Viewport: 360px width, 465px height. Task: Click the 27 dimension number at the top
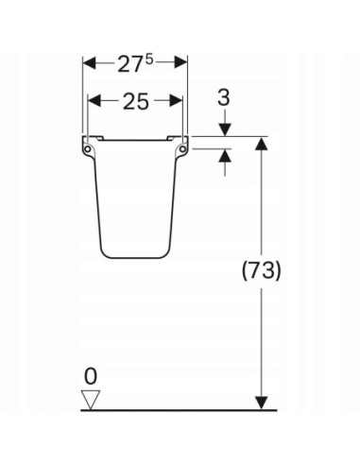click(131, 64)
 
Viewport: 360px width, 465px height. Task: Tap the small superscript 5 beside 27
click(149, 60)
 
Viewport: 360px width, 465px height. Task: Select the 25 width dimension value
click(135, 101)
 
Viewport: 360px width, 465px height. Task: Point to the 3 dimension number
click(224, 97)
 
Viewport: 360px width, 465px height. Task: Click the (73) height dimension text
click(261, 270)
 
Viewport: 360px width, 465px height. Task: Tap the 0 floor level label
click(91, 376)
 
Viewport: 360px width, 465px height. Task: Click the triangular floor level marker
click(91, 400)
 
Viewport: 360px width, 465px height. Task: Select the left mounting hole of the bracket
click(88, 148)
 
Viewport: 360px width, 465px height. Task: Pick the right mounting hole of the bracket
click(182, 148)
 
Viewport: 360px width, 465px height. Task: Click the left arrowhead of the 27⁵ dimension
click(89, 62)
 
